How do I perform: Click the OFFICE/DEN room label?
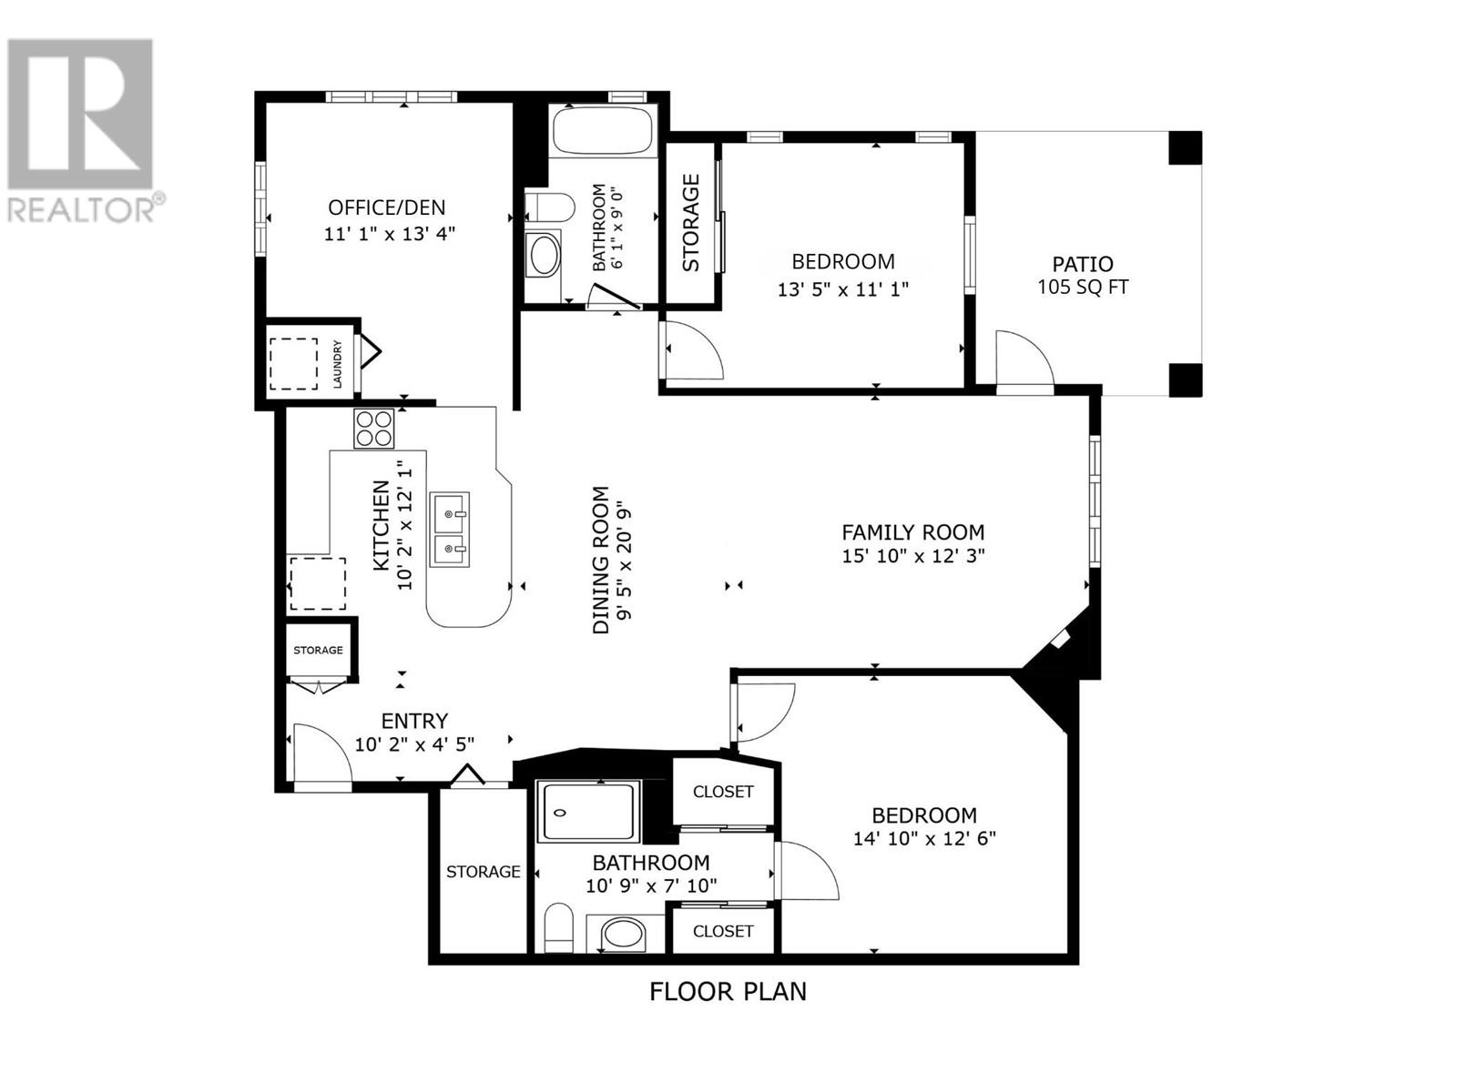pos(386,207)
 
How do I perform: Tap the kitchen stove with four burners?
pos(373,429)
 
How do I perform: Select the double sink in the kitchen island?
pos(449,529)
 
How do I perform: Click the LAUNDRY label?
pos(337,364)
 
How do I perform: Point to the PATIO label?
pos(1083,264)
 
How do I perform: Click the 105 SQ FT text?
pos(1083,287)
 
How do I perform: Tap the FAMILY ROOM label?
pos(912,531)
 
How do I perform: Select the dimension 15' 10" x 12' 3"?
pos(912,556)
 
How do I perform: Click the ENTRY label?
pos(414,721)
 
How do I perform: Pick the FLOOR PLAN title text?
pos(728,1010)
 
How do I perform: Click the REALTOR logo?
pos(81,130)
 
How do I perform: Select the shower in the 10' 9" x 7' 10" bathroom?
pos(589,813)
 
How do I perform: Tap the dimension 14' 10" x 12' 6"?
pos(924,839)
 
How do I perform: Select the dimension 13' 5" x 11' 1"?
pos(843,289)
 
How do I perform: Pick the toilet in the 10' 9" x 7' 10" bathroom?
pos(558,927)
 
